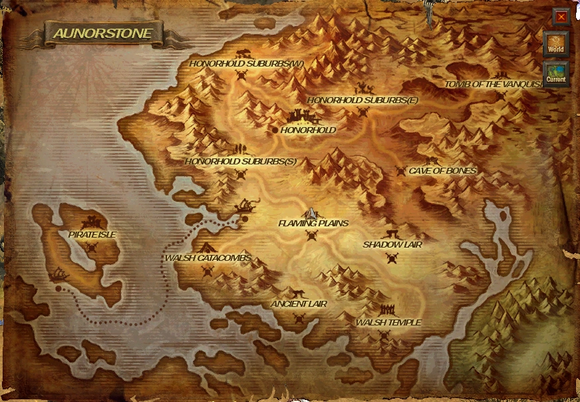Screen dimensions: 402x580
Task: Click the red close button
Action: point(561,17)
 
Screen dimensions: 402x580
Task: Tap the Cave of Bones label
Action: point(442,170)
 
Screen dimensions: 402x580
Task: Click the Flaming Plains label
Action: point(313,223)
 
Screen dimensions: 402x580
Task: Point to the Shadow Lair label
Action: point(392,245)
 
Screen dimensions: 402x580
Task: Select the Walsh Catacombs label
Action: point(208,258)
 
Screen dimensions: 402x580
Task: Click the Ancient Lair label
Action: point(299,303)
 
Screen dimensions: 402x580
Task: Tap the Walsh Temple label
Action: point(388,322)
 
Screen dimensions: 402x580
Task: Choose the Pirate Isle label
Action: point(92,234)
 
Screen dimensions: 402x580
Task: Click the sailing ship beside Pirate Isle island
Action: point(61,274)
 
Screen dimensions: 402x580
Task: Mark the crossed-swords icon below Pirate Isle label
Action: point(92,247)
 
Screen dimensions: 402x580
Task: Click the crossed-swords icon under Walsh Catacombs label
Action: point(208,270)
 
